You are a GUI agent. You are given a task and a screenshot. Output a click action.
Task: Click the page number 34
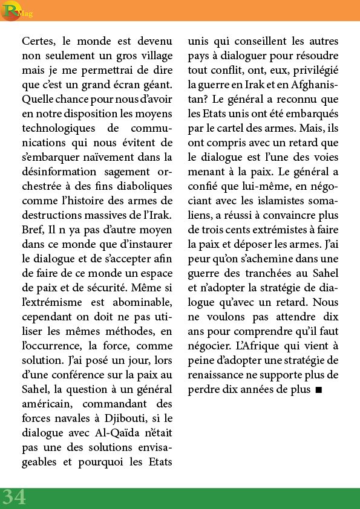[x=13, y=497]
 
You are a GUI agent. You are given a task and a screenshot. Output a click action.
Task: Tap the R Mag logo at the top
[x=13, y=10]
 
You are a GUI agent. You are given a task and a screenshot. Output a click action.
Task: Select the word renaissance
[x=220, y=375]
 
